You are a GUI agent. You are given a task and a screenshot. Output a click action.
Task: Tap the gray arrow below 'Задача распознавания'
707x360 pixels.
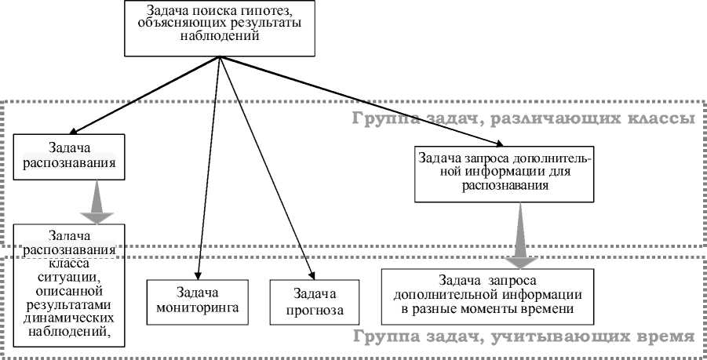[x=96, y=202]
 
